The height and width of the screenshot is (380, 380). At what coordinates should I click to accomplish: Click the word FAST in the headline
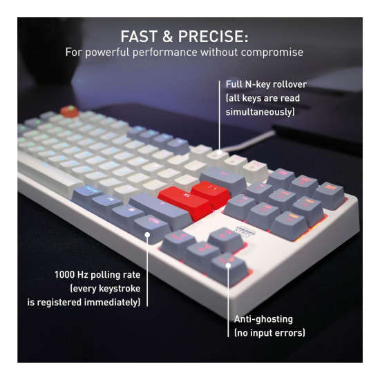139,37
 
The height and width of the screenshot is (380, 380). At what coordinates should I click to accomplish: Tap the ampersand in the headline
168,37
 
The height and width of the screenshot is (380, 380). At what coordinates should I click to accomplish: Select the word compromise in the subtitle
272,53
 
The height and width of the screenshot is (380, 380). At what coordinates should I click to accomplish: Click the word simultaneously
259,112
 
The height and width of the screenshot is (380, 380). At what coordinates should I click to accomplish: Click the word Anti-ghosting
263,319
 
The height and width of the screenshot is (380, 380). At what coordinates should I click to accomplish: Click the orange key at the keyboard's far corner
69,111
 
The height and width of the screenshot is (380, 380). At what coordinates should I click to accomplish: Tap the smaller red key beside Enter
211,193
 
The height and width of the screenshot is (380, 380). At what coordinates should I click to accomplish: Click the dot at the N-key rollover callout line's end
219,153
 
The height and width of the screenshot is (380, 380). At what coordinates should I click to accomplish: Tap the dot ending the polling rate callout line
147,235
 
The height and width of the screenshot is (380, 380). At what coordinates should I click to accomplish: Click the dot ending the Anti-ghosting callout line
228,265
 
